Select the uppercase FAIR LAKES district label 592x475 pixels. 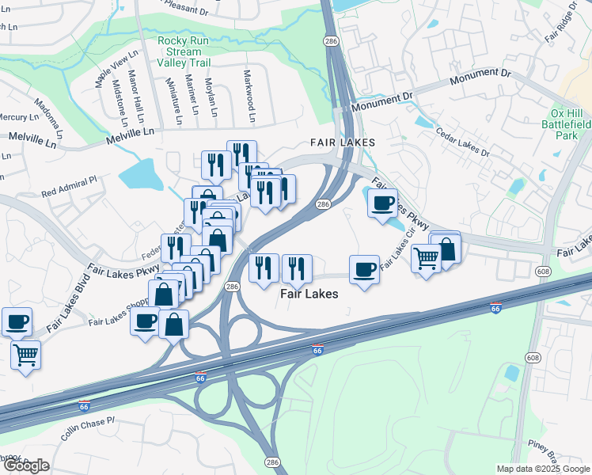(x=341, y=142)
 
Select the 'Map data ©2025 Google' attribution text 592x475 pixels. (x=543, y=469)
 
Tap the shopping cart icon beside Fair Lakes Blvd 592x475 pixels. (x=26, y=355)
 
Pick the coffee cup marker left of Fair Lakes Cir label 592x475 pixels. (x=364, y=270)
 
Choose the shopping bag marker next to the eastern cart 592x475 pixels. (x=446, y=249)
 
